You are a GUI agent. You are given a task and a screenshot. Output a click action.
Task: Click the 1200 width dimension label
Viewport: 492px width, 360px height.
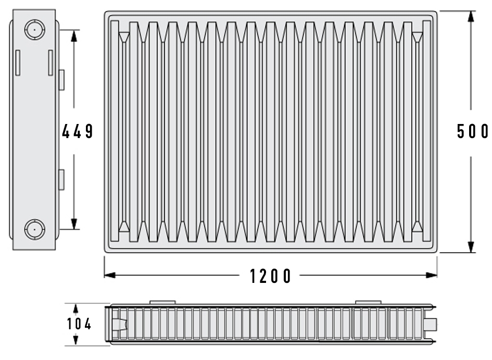[x=270, y=276]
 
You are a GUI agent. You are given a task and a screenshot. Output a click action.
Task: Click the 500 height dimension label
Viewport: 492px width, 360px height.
[x=473, y=131]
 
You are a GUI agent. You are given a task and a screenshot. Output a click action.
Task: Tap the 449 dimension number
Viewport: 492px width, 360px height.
[x=77, y=131]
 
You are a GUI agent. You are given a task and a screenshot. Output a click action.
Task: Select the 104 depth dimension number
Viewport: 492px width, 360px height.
[x=79, y=324]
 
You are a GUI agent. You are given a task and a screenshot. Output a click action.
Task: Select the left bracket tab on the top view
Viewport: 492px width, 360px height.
[x=162, y=302]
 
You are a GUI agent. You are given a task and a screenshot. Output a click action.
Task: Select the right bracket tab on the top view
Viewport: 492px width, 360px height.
[x=368, y=302]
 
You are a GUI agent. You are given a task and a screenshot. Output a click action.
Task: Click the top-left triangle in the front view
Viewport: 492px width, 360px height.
[x=124, y=37]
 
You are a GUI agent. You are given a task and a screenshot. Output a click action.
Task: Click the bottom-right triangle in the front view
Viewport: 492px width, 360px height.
[x=418, y=226]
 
